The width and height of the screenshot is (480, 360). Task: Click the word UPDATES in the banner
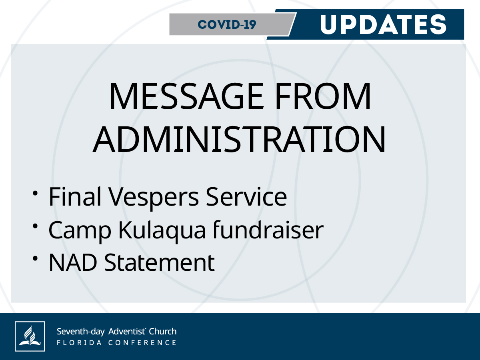(383, 24)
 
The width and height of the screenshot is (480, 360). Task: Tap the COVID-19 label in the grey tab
(227, 24)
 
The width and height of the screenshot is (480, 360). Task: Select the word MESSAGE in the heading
(186, 96)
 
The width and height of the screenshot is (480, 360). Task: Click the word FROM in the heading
(323, 96)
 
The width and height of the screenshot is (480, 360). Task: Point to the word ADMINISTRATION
(239, 139)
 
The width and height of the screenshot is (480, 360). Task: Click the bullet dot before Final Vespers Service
(35, 194)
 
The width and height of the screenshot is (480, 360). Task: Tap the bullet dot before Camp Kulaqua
(35, 226)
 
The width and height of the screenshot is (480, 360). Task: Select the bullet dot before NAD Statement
(35, 258)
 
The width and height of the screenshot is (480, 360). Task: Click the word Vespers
(154, 198)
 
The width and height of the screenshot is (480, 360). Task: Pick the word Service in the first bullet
(246, 196)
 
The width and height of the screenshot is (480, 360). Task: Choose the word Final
(75, 196)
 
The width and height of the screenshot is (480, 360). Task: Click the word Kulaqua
(162, 231)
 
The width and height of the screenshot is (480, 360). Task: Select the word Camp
(80, 231)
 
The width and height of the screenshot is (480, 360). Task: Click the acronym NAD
(73, 262)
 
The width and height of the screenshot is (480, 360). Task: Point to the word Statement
(160, 262)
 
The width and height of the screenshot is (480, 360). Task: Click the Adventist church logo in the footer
(30, 336)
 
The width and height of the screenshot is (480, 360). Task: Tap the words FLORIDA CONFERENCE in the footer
(116, 342)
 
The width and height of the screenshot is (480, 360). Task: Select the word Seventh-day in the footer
(81, 332)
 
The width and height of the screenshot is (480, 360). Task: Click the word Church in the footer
(163, 331)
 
